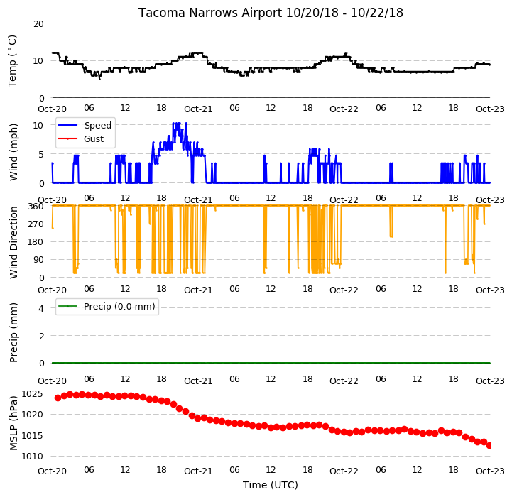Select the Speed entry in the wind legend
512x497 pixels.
(97, 126)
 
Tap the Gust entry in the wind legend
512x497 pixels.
(94, 138)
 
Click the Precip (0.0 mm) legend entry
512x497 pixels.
(119, 306)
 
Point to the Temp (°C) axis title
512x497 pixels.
(12, 61)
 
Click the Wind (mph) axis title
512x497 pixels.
(13, 152)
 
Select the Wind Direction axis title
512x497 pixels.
(13, 242)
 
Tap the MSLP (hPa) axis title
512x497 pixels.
(13, 423)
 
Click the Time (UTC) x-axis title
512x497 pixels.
(271, 485)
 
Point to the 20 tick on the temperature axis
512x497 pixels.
(38, 24)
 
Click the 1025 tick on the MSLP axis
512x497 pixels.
(32, 394)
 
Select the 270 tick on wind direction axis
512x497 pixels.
(36, 224)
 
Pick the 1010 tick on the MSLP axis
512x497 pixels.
(32, 457)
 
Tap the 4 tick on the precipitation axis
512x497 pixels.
(41, 308)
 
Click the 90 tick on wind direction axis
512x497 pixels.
(38, 260)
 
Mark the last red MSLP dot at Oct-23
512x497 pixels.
(489, 445)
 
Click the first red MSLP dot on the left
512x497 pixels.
(58, 398)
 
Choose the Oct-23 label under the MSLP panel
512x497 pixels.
(490, 471)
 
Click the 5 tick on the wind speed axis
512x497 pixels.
(41, 155)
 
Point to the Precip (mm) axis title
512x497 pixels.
(13, 333)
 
